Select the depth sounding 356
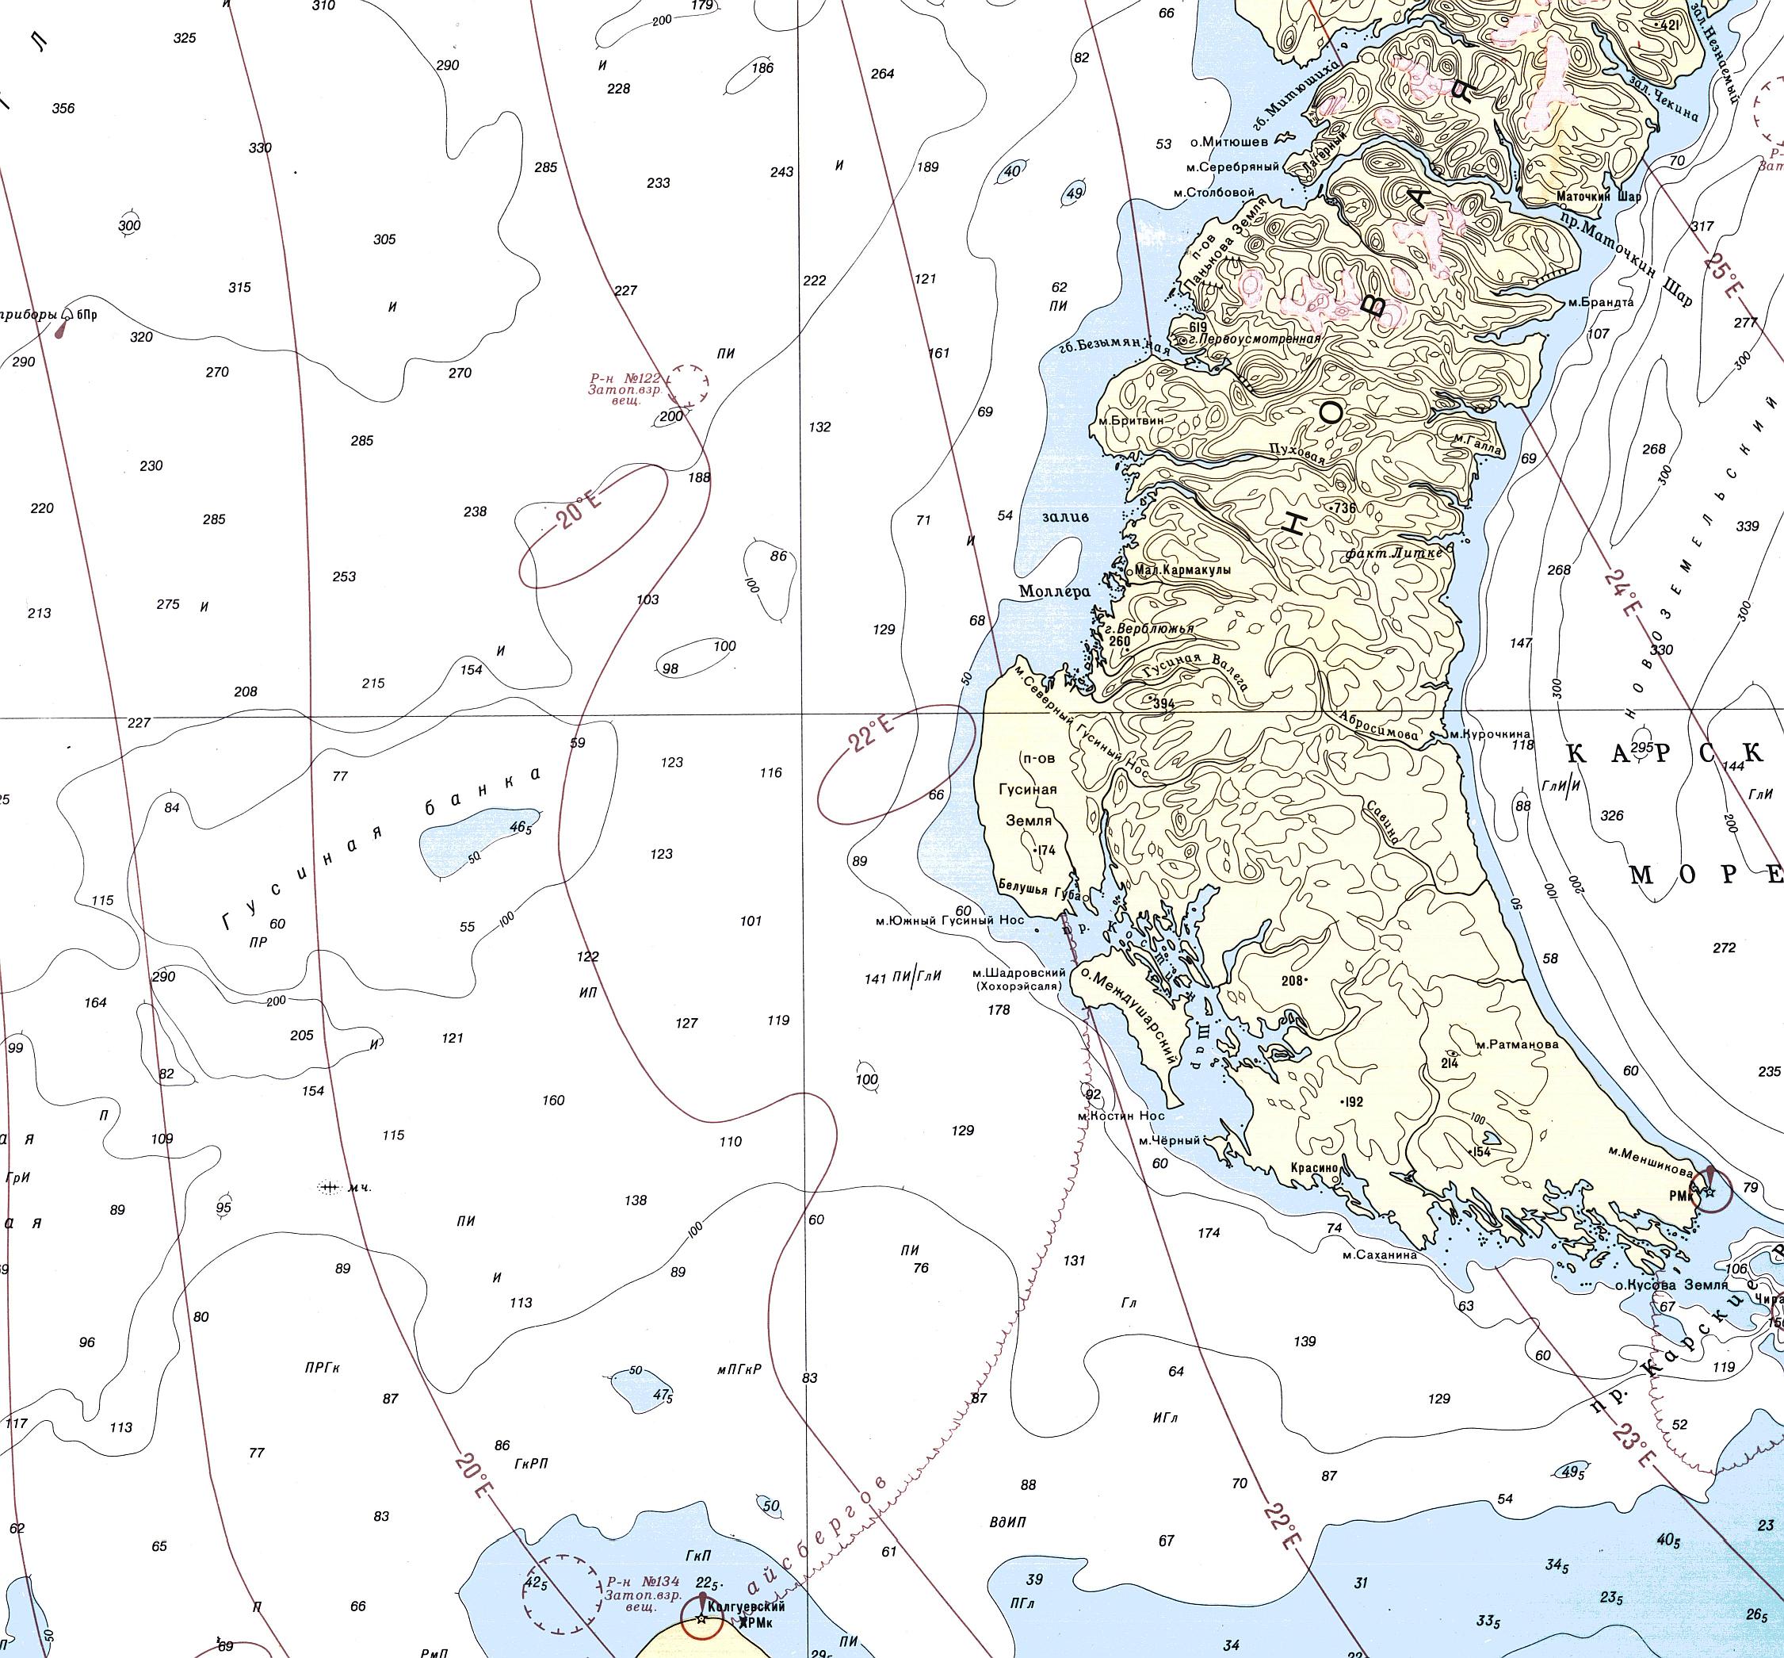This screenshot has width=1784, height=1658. click(x=63, y=109)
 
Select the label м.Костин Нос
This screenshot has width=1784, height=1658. click(x=1121, y=1115)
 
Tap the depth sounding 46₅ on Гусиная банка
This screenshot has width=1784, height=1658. click(x=520, y=827)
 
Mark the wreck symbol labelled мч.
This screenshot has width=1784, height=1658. click(x=329, y=1188)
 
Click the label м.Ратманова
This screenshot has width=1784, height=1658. click(x=1517, y=1043)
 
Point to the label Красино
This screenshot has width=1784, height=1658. click(x=1314, y=1168)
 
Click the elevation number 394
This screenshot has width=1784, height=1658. click(x=1163, y=704)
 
